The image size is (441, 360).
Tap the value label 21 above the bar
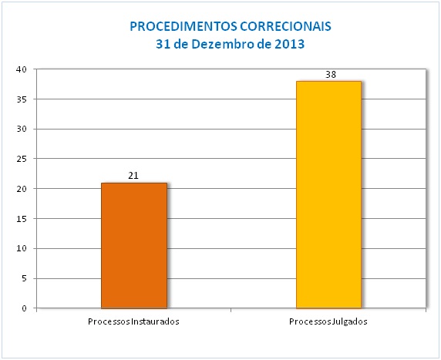click(x=133, y=176)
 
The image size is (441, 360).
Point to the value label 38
click(x=331, y=75)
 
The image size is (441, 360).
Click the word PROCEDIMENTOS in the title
click(x=178, y=26)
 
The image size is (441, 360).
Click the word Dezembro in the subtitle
click(x=224, y=44)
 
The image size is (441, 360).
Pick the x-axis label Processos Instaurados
click(x=133, y=321)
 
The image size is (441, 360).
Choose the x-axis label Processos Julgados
click(x=329, y=321)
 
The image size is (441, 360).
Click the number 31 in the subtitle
click(x=162, y=44)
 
